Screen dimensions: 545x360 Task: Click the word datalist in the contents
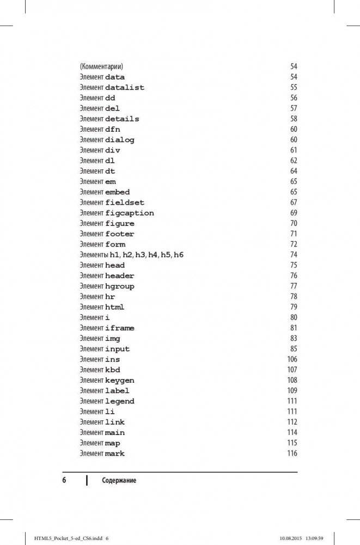point(125,88)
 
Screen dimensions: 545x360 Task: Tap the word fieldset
point(125,203)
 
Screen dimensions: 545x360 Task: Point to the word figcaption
point(130,213)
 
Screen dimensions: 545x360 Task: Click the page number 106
point(292,359)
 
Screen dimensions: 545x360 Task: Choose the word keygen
point(120,381)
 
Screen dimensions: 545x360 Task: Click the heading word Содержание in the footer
point(119,480)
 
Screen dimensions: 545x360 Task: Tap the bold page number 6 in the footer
point(64,480)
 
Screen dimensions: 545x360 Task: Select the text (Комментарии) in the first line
point(102,67)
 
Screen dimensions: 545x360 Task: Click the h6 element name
point(179,255)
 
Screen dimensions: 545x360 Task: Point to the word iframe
point(120,328)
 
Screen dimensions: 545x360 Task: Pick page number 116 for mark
point(292,454)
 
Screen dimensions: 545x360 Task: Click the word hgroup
point(120,286)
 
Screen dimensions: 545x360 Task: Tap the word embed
point(118,192)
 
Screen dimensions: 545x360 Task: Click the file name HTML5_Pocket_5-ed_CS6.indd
point(65,538)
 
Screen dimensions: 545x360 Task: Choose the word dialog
point(120,140)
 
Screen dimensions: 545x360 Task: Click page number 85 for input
point(294,349)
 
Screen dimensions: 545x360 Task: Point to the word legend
point(120,401)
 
